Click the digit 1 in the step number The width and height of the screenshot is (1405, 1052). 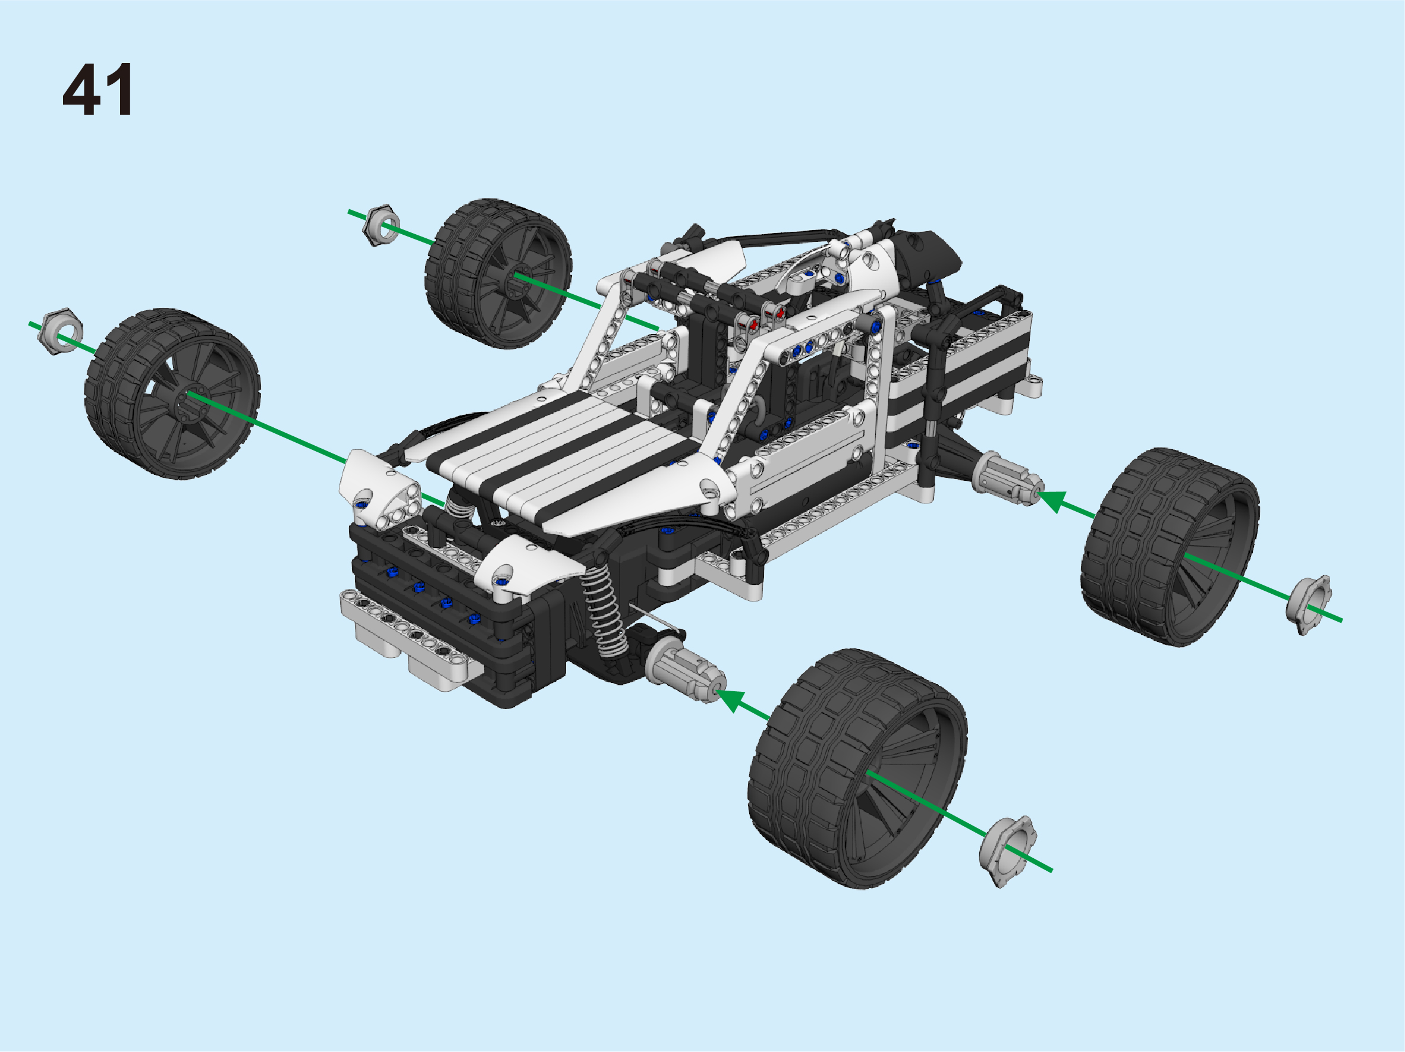point(121,90)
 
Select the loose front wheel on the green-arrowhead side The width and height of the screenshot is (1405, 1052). point(857,768)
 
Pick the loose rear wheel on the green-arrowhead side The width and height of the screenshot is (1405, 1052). point(1170,547)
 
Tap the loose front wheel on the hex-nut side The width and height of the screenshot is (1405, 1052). point(172,393)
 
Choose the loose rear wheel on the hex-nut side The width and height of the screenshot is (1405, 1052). point(498,273)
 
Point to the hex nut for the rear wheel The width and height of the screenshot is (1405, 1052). point(381,225)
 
